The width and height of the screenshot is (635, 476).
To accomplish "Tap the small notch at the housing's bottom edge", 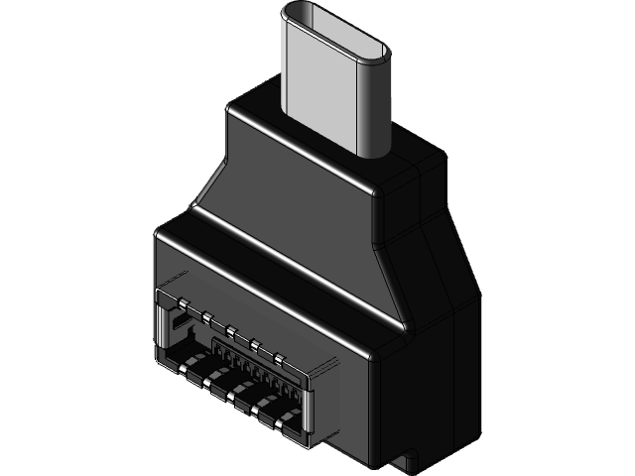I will pos(407,461).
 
